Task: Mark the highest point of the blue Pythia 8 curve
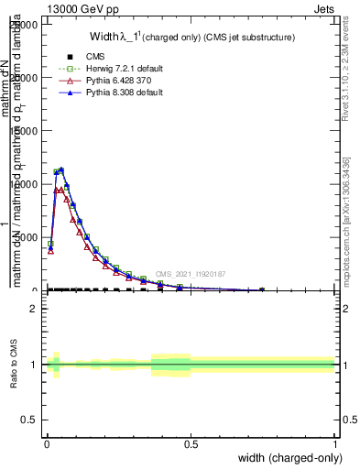[x=61, y=169]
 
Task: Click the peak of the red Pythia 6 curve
[x=60, y=189]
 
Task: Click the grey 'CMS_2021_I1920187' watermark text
[x=190, y=274]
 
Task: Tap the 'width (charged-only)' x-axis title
[x=288, y=457]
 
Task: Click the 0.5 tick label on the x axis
[x=191, y=442]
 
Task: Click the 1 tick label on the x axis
[x=335, y=442]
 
